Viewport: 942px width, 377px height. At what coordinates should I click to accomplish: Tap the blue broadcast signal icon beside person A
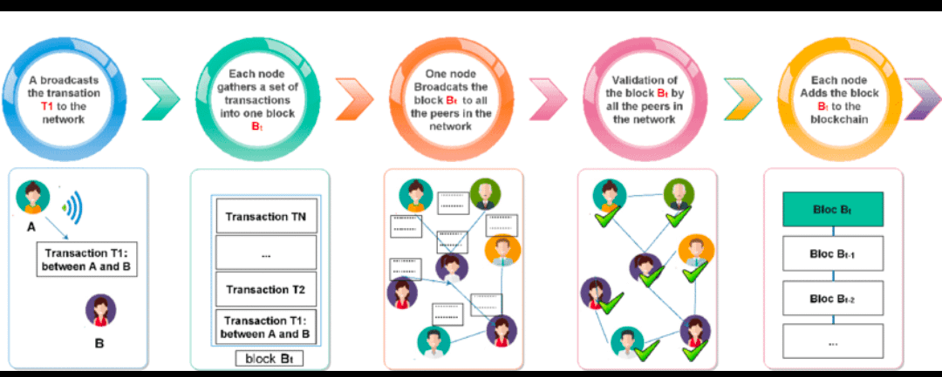[72, 206]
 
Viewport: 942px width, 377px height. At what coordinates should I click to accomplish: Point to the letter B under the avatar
[99, 343]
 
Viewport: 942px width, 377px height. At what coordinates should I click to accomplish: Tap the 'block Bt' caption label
[270, 357]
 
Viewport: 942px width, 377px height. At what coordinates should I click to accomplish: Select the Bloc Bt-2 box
[834, 299]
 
